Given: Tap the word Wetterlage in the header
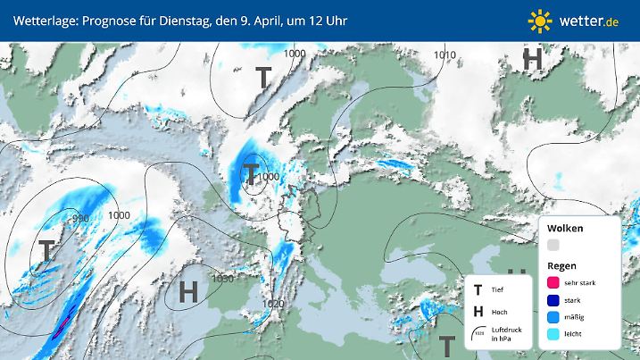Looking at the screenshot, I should [42, 19].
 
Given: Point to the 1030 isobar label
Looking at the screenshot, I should [223, 279].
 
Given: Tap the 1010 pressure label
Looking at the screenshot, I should [445, 55].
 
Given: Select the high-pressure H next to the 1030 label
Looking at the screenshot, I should [187, 291].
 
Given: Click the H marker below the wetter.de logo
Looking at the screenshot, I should [533, 60].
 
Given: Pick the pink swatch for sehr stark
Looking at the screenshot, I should [553, 282].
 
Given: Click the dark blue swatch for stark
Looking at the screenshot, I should [553, 300].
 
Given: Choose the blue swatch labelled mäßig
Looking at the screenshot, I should [553, 317].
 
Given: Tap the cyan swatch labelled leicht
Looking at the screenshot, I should [553, 334].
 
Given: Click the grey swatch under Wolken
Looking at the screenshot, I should [553, 245].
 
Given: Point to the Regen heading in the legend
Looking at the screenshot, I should [561, 265].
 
